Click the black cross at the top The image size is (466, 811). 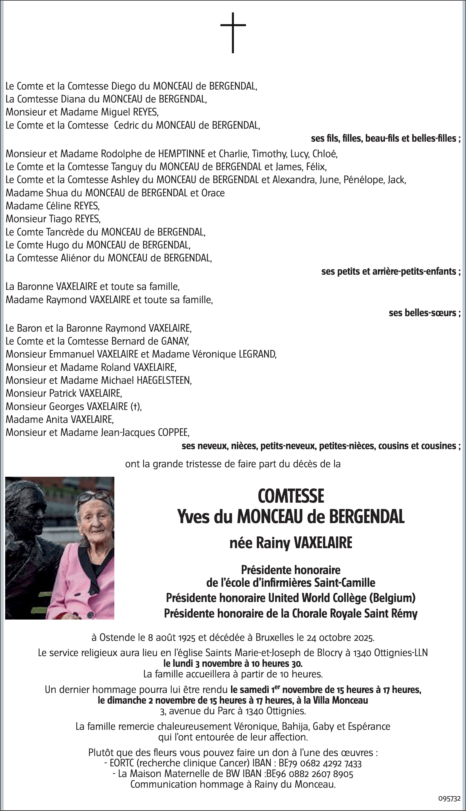[x=233, y=32]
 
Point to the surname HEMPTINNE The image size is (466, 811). [x=182, y=154]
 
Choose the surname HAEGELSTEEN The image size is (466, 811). [x=164, y=380]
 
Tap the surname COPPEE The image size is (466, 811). [x=173, y=432]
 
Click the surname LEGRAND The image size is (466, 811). [x=257, y=354]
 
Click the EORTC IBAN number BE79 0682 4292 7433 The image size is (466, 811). [x=320, y=763]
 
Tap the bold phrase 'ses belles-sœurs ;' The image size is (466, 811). [x=425, y=313]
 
